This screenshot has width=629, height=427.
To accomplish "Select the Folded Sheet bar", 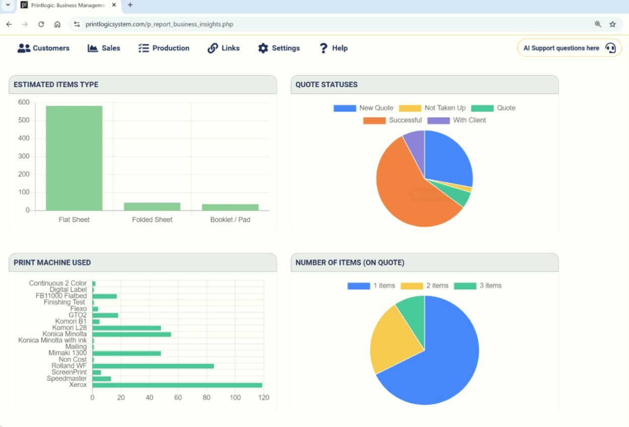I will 152,206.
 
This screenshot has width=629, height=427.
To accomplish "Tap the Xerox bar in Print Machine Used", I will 177,385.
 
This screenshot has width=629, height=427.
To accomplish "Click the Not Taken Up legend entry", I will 432,108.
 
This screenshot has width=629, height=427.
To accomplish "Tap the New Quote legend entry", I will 363,108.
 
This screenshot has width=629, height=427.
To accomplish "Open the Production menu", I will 164,48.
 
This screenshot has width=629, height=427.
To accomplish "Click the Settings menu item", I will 279,48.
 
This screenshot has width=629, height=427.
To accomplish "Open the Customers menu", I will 43,48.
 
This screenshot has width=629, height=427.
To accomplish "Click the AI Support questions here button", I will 569,48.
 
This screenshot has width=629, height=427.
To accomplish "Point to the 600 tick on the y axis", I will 24,102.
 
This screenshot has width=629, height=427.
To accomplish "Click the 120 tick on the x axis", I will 264,398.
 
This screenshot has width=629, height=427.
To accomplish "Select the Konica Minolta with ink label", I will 52,340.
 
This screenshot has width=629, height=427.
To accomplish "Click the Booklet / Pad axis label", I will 230,220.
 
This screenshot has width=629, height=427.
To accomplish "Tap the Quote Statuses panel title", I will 326,85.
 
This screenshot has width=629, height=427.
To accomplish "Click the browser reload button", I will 41,24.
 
